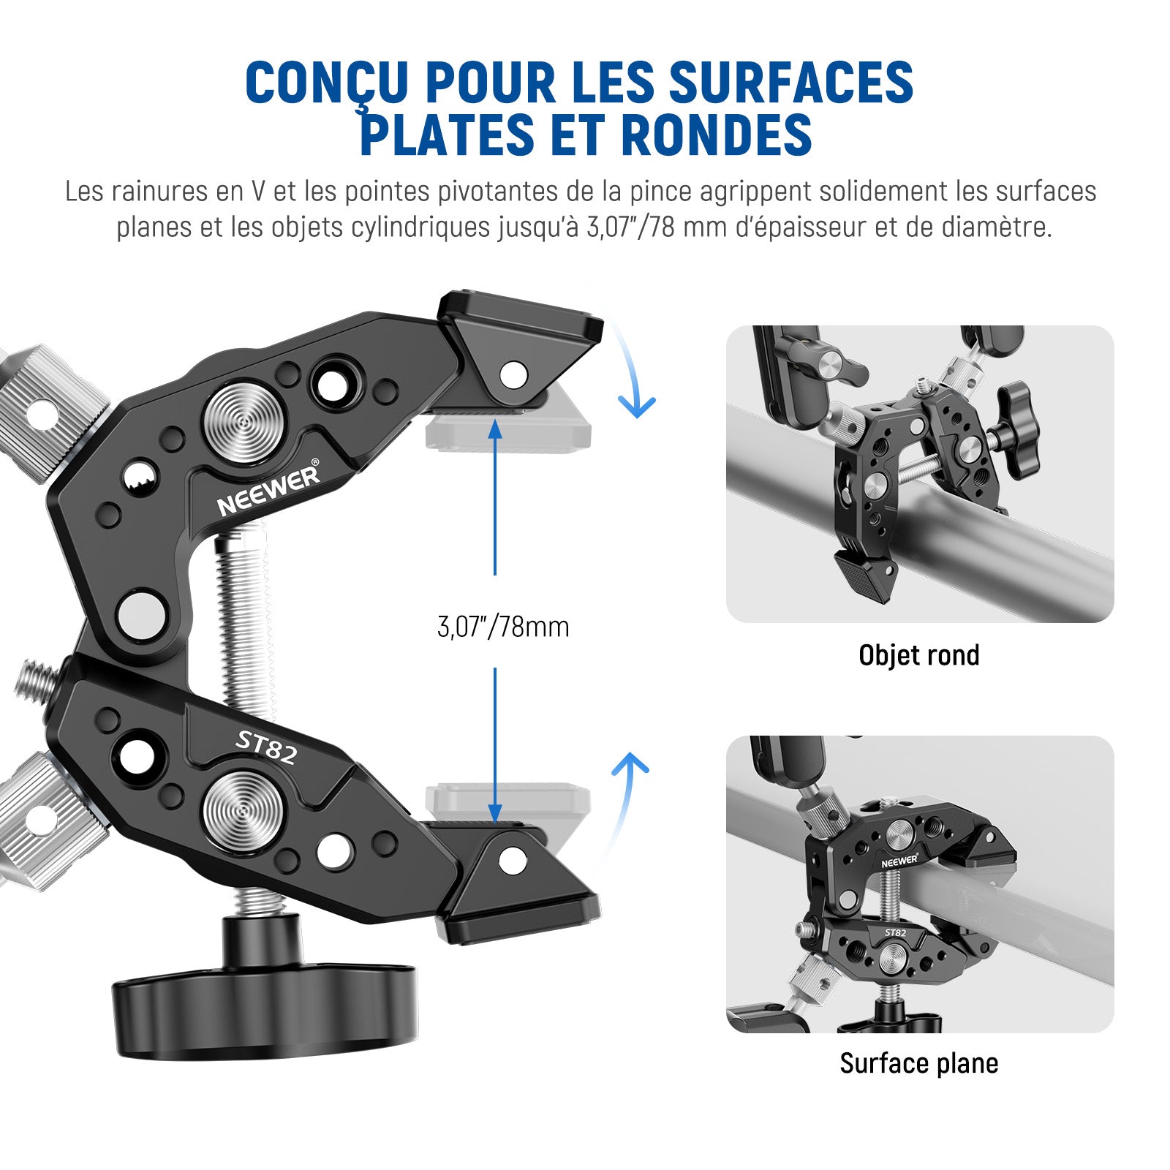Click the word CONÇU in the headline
pos(327,82)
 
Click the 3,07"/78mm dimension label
pos(503,627)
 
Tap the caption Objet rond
pos(919,655)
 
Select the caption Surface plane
pos(919,1063)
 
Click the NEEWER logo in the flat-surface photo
pos(899,861)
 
